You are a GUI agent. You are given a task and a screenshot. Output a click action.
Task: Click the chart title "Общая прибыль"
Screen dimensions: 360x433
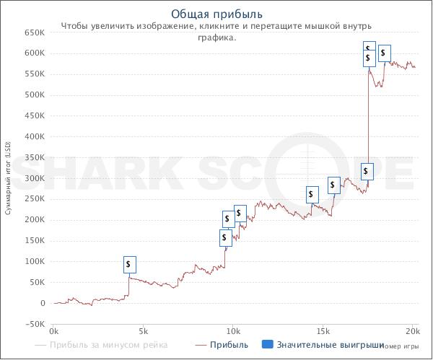pos(216,14)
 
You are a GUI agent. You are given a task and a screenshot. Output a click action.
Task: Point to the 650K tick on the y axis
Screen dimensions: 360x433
pos(34,32)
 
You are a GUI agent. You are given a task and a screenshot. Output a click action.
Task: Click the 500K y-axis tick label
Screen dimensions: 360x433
pos(34,95)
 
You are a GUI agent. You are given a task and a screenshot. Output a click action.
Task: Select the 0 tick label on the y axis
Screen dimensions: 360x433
pos(42,304)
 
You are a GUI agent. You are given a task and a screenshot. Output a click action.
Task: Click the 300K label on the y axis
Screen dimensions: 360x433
pos(34,178)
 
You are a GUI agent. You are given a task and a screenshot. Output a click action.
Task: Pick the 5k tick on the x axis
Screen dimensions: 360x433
pos(143,331)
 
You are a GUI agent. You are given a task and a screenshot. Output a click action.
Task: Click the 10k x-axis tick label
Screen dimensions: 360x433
pos(233,331)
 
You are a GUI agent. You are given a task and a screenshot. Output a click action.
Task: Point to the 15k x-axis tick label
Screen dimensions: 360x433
pos(323,331)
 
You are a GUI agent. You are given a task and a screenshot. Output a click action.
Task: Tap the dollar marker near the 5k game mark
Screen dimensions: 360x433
pos(129,265)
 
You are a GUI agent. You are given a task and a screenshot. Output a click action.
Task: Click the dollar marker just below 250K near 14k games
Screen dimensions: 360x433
pos(312,194)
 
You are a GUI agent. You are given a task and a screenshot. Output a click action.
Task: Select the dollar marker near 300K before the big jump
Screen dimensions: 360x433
pos(367,171)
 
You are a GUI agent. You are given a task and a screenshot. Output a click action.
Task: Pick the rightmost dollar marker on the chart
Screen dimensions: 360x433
pos(385,53)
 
